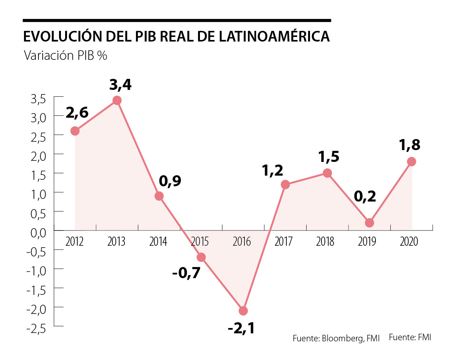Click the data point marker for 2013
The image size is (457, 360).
click(x=117, y=101)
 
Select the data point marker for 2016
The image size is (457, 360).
click(x=243, y=311)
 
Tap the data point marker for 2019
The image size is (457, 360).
click(x=369, y=223)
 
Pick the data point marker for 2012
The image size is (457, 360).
click(x=75, y=131)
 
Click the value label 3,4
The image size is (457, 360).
click(x=120, y=85)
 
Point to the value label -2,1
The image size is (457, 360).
click(x=241, y=328)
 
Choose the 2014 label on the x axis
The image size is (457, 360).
click(x=158, y=242)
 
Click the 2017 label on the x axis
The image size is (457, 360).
click(x=283, y=242)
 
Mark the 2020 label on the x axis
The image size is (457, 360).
click(x=409, y=242)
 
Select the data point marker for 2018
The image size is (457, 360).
click(x=327, y=173)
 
